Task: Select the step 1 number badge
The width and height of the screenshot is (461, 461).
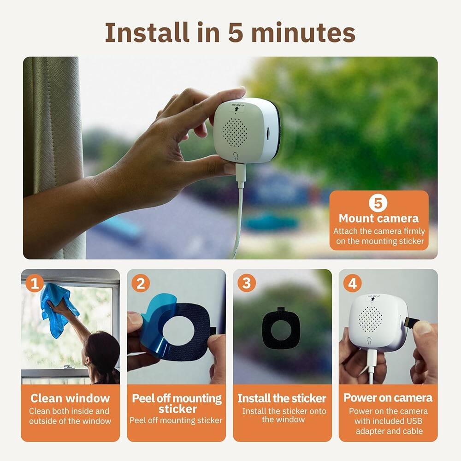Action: (34, 283)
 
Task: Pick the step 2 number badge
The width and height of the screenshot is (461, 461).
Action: (140, 283)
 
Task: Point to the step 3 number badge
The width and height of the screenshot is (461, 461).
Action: (246, 283)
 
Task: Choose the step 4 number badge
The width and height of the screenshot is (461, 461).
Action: (352, 283)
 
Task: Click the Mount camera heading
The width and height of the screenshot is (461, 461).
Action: (378, 218)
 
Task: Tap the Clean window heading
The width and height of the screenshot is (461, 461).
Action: (70, 398)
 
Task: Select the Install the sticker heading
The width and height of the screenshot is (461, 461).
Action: (282, 398)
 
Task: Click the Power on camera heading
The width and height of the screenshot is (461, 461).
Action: (388, 398)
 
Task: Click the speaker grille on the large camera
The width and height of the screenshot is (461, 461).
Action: (237, 131)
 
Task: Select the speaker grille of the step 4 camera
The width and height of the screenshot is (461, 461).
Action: (371, 319)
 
